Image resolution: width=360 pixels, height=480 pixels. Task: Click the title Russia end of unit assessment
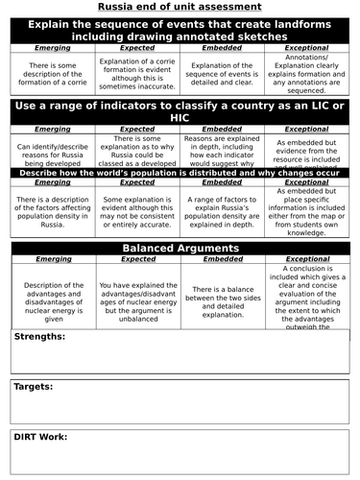click(180, 8)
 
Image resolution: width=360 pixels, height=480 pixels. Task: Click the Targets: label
click(34, 386)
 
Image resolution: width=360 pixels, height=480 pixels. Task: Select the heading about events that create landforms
click(180, 29)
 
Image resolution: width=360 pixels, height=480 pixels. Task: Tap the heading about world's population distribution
click(180, 172)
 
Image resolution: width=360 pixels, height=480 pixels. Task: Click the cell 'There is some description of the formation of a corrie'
click(53, 71)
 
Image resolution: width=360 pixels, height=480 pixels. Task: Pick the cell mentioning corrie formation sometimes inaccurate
click(135, 71)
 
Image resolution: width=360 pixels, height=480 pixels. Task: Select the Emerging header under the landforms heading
click(53, 46)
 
